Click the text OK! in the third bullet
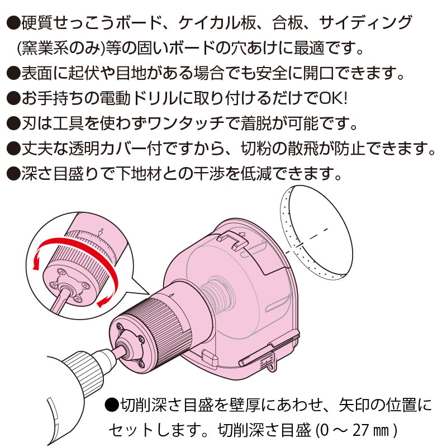tap(334, 98)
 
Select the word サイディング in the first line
tap(367, 23)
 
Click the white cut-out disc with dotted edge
tap(316, 229)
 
